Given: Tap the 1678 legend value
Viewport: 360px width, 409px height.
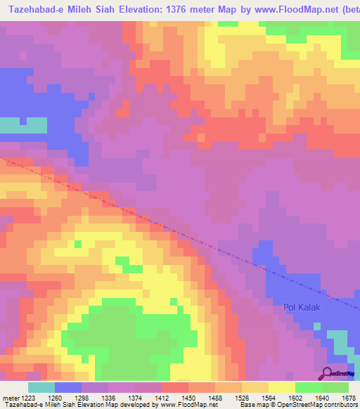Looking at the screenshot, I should (347, 398).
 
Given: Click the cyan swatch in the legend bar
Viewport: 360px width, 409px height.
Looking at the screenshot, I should (41, 387).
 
